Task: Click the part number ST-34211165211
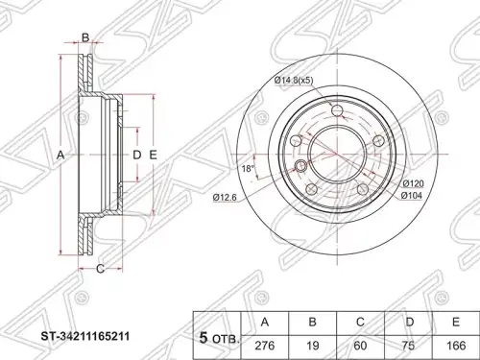[85, 337]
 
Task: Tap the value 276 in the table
[265, 346]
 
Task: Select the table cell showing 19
[313, 346]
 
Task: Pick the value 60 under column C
[361, 346]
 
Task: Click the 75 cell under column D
[409, 346]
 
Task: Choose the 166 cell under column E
[456, 346]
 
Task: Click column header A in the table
[265, 323]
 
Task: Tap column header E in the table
[456, 323]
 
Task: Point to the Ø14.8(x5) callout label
[294, 81]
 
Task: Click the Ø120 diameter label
[413, 183]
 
